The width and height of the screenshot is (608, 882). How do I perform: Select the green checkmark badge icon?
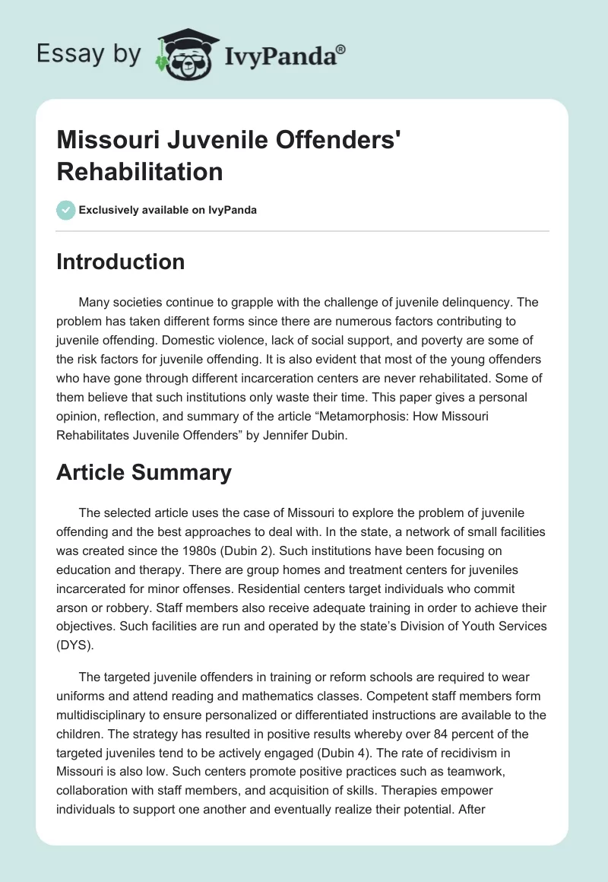pos(65,210)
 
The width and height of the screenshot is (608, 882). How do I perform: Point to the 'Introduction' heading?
pos(121,262)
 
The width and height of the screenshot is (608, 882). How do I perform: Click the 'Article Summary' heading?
pos(144,472)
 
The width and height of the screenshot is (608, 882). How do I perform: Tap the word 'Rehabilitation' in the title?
pos(140,171)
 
